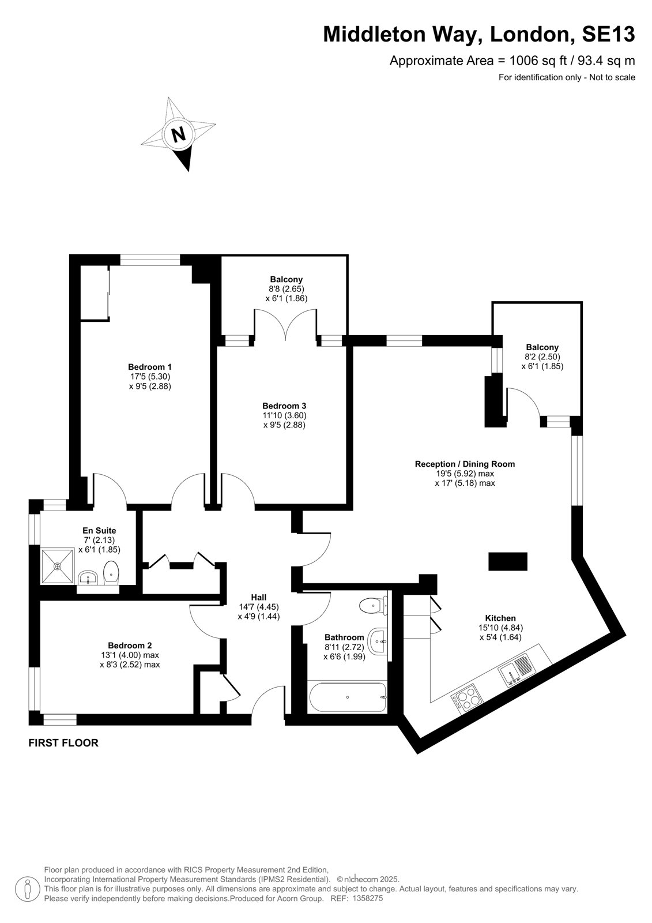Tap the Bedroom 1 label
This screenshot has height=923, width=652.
click(149, 367)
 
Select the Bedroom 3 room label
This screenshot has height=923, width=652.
click(284, 406)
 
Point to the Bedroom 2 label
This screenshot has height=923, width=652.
click(130, 646)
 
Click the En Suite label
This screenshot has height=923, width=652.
click(99, 530)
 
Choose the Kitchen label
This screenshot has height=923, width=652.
click(500, 618)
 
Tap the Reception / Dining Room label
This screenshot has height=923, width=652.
click(465, 464)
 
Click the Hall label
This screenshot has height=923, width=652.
click(259, 597)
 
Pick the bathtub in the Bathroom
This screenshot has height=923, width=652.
click(347, 697)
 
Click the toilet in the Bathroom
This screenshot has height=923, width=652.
click(373, 605)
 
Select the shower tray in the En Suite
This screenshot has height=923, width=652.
click(57, 566)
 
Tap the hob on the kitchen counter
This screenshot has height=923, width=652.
click(467, 698)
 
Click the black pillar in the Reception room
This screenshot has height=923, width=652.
click(507, 561)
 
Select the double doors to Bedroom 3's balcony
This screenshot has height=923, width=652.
click(286, 325)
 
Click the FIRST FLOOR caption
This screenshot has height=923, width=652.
click(63, 743)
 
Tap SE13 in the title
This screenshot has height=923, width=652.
click(608, 34)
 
